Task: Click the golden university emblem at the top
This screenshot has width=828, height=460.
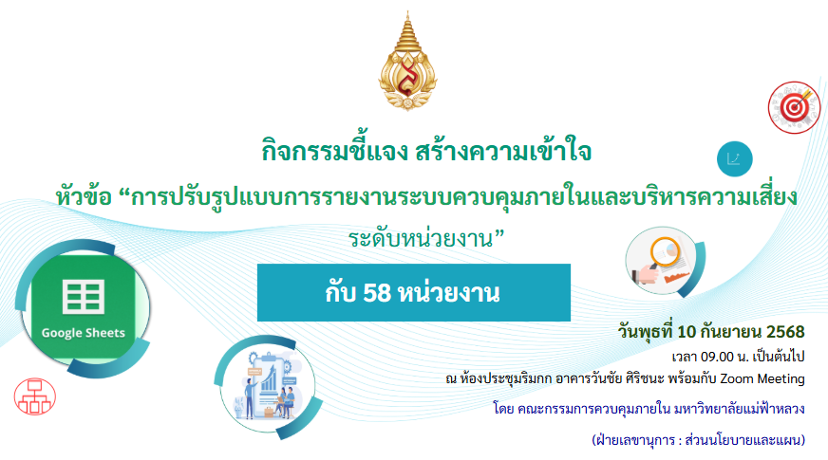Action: (x=407, y=62)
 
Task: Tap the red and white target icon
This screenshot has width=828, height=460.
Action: (x=794, y=107)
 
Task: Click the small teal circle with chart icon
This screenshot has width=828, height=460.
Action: (x=735, y=158)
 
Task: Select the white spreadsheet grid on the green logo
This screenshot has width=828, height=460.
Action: (x=84, y=297)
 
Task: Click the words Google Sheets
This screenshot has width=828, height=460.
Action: (x=84, y=333)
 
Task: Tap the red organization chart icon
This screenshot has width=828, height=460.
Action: (x=35, y=396)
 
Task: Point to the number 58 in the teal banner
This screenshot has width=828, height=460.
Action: (x=377, y=293)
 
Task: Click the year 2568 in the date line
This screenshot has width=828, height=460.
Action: (x=785, y=332)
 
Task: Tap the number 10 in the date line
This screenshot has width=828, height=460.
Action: (x=687, y=332)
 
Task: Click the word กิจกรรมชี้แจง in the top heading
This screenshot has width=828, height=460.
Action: (x=335, y=152)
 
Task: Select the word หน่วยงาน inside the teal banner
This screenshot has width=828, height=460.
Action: (x=448, y=293)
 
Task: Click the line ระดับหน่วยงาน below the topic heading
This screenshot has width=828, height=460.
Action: (x=426, y=239)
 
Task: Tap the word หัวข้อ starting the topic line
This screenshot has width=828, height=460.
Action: (x=84, y=196)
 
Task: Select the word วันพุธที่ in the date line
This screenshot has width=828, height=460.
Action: (x=646, y=332)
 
